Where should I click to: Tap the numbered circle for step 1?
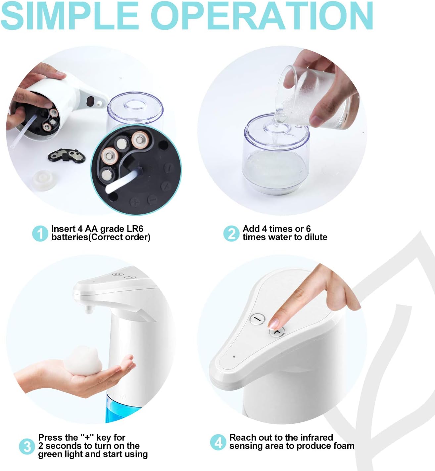pyautogui.click(x=40, y=234)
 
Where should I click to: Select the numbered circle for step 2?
pyautogui.click(x=231, y=234)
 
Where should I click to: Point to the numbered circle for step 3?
pyautogui.click(x=27, y=447)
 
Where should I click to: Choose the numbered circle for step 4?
pyautogui.click(x=218, y=442)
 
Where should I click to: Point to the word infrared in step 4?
pyautogui.click(x=316, y=438)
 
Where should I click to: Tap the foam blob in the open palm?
pyautogui.click(x=84, y=361)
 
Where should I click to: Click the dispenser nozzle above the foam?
pyautogui.click(x=88, y=310)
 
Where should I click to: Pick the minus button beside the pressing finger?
pyautogui.click(x=258, y=319)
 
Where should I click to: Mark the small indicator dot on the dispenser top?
pyautogui.click(x=234, y=357)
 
